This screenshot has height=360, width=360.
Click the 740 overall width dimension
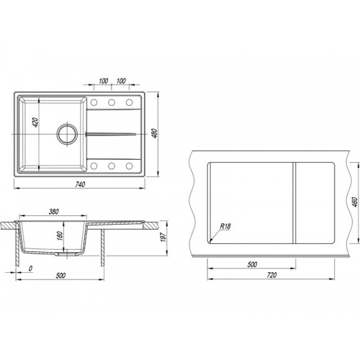pyautogui.click(x=80, y=184)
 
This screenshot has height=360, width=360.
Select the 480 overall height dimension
pyautogui.click(x=155, y=133)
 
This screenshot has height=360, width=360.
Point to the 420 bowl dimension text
pyautogui.click(x=35, y=122)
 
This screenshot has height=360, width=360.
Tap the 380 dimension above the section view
pyautogui.click(x=54, y=212)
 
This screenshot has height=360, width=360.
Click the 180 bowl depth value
pyautogui.click(x=60, y=236)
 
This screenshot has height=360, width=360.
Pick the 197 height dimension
pyautogui.click(x=163, y=237)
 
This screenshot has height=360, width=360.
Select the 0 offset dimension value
pyautogui.click(x=30, y=269)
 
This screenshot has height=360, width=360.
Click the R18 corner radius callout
pyautogui.click(x=225, y=226)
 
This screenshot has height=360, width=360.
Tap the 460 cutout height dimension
pyautogui.click(x=355, y=202)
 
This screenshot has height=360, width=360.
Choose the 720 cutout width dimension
pyautogui.click(x=271, y=275)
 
